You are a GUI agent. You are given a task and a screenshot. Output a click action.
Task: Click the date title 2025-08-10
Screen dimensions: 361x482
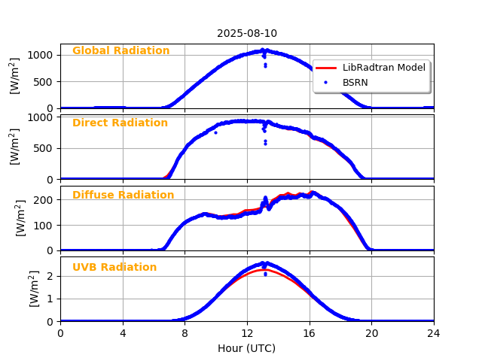coord(247,33)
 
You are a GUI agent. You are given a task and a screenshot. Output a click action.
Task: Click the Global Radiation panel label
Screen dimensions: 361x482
coord(120,51)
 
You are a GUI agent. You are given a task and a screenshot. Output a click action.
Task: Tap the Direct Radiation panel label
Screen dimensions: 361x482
coord(120,123)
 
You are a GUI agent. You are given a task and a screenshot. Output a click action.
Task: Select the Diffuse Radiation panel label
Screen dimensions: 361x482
coord(123,196)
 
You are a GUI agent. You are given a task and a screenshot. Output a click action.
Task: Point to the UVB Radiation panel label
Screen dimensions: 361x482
coord(114,268)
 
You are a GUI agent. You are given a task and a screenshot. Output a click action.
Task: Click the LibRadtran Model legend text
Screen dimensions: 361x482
coord(384,68)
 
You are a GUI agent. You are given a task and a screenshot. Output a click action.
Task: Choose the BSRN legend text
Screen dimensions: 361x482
coord(355,83)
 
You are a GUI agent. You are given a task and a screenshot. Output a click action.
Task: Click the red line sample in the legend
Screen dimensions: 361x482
coord(326,68)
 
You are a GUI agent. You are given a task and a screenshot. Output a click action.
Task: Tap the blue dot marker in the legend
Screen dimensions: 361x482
coord(326,83)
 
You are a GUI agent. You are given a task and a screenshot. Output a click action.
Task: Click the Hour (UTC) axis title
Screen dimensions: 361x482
coord(247,348)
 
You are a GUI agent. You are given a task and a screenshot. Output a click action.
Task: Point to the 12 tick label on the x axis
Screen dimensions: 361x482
coord(247,333)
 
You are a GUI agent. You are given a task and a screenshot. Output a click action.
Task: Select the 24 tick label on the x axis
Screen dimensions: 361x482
coord(434,333)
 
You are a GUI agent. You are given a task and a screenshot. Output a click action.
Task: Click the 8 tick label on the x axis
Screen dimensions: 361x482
coord(185,333)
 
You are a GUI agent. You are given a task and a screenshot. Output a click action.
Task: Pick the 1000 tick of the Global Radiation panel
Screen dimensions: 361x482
coord(41,55)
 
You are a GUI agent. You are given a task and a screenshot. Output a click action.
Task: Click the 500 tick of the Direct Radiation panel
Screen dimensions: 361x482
coord(44,148)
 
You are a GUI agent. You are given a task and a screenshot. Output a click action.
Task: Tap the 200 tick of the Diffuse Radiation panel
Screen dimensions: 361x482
coord(44,200)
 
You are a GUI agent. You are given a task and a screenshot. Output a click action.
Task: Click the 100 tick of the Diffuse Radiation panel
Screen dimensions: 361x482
coord(44,226)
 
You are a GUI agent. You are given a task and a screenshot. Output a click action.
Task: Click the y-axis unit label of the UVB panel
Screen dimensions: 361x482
coord(35,289)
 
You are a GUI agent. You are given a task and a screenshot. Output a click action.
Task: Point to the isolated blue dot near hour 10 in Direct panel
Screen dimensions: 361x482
coord(215,132)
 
